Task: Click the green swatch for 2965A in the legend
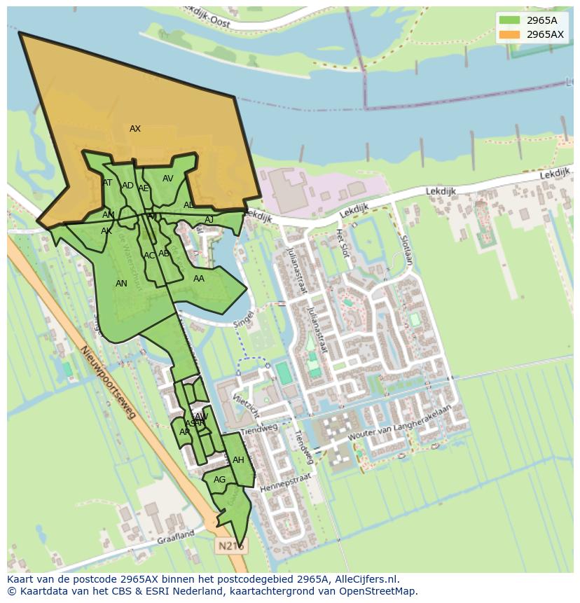point(509,20)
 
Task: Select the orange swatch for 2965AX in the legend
point(509,34)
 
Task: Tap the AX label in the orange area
point(135,129)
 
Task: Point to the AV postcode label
point(168,179)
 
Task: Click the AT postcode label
point(107,183)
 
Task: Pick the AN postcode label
point(121,284)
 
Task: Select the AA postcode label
point(199,279)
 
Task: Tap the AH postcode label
point(238,460)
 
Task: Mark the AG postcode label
point(219,480)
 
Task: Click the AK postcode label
point(106,231)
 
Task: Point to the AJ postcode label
point(209,220)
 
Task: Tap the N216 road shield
point(230,546)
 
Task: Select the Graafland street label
point(176,536)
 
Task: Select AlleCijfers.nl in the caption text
point(366,579)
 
